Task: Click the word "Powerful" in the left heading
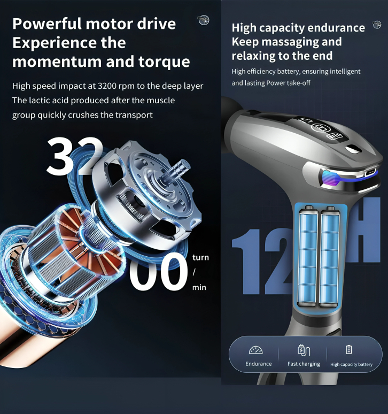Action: [48, 24]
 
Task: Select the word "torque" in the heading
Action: [164, 62]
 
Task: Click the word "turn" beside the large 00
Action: [200, 257]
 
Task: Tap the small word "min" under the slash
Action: [199, 287]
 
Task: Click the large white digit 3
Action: [60, 156]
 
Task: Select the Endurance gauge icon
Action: [255, 350]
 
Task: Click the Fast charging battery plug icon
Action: [304, 350]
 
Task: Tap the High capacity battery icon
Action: [348, 350]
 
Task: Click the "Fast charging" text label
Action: [304, 364]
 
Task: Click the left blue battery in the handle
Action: [308, 256]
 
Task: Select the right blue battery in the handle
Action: [329, 256]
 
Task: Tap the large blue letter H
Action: [366, 229]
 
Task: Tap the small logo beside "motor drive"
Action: [204, 20]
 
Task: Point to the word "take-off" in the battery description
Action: [299, 83]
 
